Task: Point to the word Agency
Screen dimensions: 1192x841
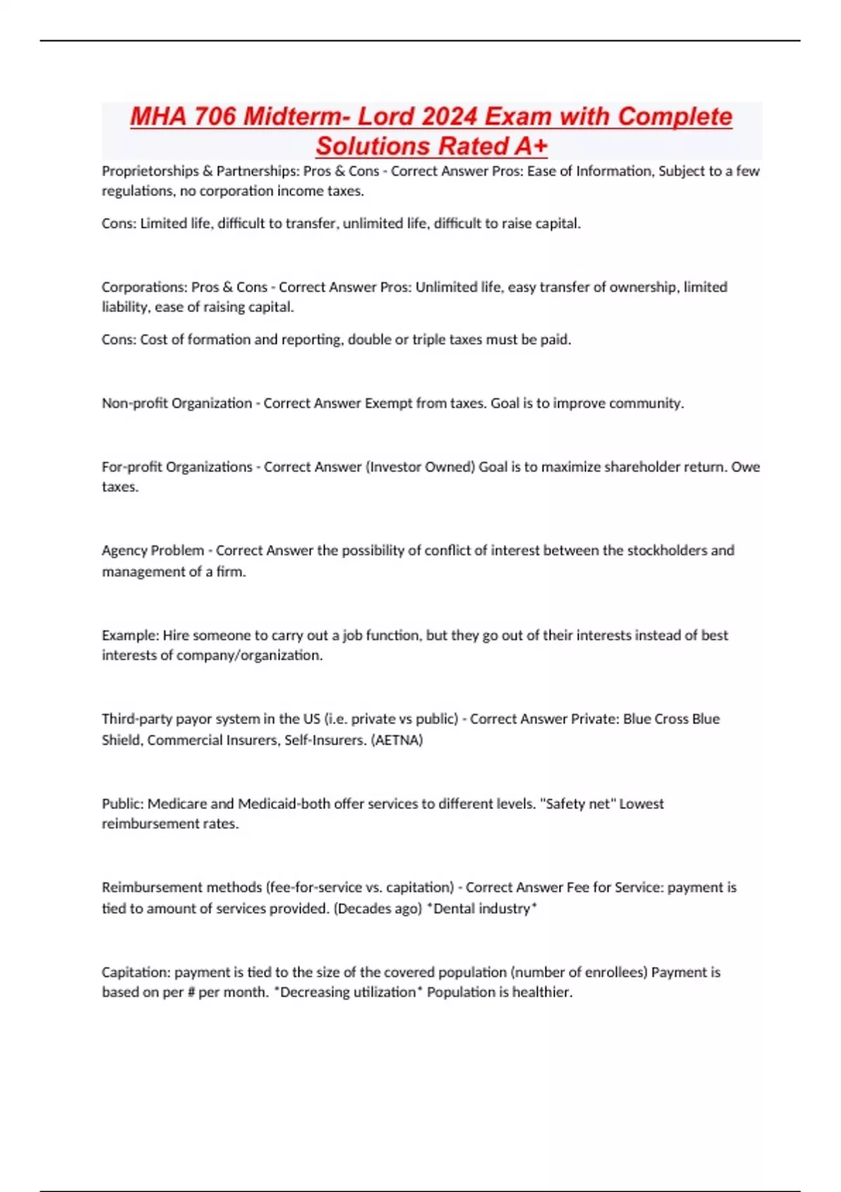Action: click(x=124, y=551)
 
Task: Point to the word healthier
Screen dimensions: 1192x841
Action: click(x=542, y=992)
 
